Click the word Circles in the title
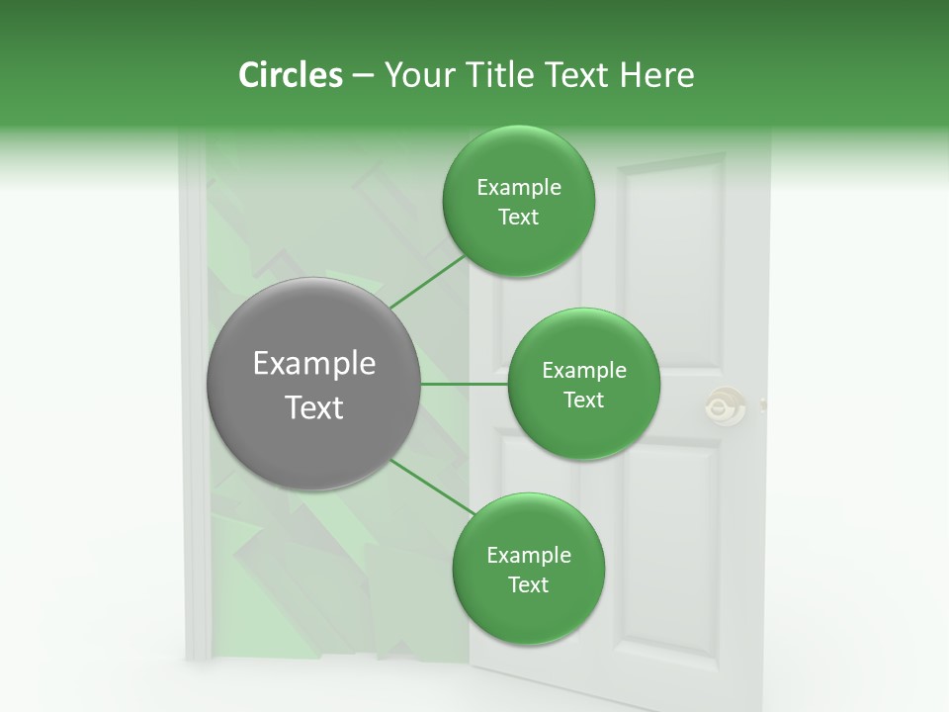[x=290, y=75]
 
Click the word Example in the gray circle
[x=314, y=364]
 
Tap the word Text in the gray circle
[x=314, y=407]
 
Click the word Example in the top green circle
[x=519, y=188]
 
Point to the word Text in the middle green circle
[x=583, y=400]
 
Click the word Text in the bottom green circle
[x=528, y=584]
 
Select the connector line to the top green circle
[x=427, y=282]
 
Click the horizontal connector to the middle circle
[x=465, y=384]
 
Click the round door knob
[x=725, y=405]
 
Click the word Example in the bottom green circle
[x=528, y=556]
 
